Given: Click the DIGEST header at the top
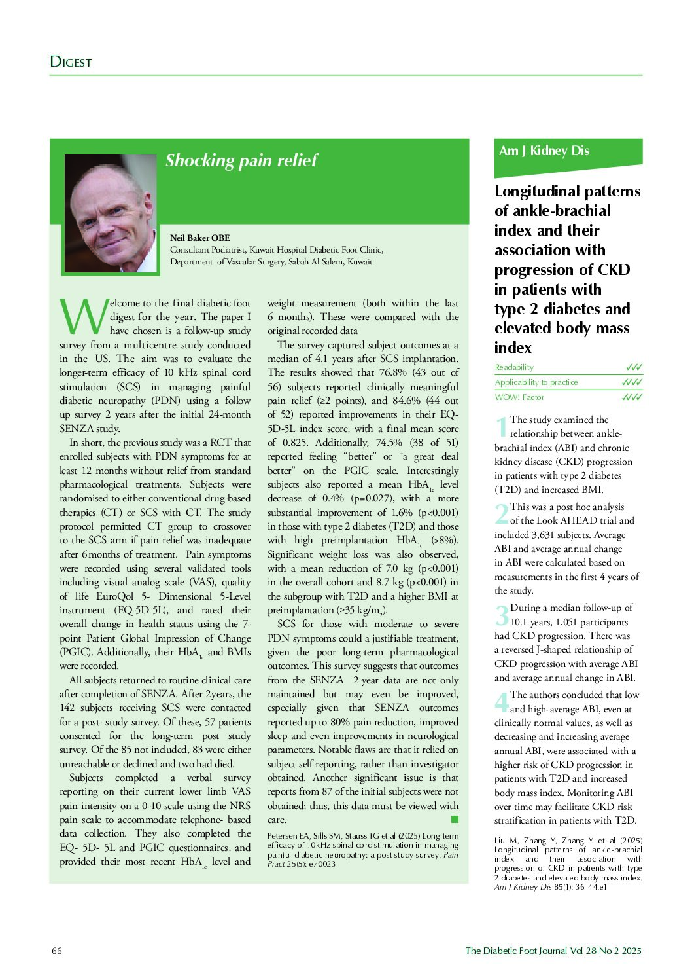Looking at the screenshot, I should (71, 62).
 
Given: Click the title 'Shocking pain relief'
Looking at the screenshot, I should (241, 160).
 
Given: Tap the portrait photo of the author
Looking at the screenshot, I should (111, 213).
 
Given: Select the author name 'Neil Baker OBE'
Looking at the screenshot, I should (199, 238).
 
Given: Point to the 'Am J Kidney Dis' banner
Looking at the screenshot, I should (544, 151).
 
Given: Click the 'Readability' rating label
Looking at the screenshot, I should (514, 367).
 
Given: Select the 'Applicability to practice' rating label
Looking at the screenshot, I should (536, 382).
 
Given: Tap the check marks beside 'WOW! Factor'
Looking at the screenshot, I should (632, 397).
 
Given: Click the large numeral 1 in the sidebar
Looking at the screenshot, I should (501, 427).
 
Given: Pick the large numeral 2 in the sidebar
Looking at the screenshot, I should (502, 514).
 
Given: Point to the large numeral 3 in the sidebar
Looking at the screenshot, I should (502, 615).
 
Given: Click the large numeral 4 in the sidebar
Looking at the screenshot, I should (502, 702).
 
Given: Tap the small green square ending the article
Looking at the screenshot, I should (455, 819).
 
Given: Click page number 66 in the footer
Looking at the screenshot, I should (57, 951).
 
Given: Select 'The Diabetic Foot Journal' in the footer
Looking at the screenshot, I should (511, 951).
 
